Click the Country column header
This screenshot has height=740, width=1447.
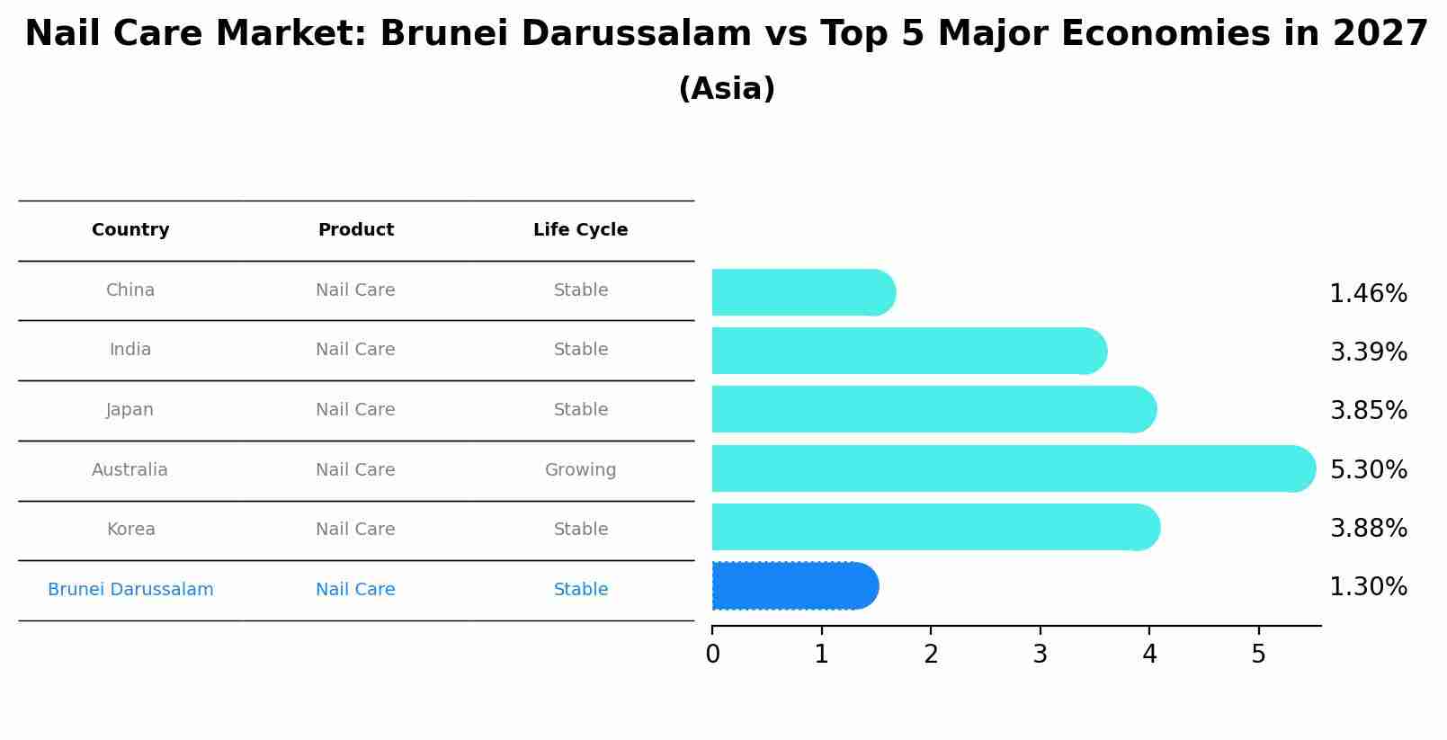[x=130, y=230]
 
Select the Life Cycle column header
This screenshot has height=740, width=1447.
[x=580, y=230]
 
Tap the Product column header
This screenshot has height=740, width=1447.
[x=355, y=230]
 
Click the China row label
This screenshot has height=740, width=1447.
[x=130, y=290]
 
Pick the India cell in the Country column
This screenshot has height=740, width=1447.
[x=130, y=350]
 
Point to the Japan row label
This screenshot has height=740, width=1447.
[x=130, y=410]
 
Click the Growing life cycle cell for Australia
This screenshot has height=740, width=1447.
[x=580, y=470]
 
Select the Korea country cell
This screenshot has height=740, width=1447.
[x=130, y=530]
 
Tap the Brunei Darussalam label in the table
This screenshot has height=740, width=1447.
[x=130, y=590]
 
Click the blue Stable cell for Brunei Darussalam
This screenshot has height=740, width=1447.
[x=580, y=590]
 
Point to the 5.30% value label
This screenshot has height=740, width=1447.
[x=1368, y=470]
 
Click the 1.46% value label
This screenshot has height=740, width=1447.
[x=1368, y=294]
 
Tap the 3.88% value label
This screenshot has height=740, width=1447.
[x=1368, y=529]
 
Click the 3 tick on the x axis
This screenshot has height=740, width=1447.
[x=1041, y=655]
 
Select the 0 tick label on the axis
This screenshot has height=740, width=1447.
[x=712, y=655]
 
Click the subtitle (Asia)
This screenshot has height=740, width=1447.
[x=727, y=89]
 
